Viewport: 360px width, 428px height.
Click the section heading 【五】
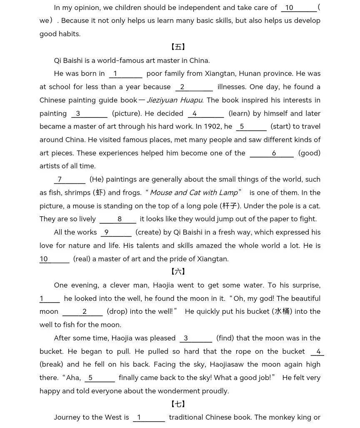[x=178, y=47]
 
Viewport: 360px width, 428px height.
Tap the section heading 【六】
[x=178, y=272]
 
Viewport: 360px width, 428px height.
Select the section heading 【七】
[x=178, y=404]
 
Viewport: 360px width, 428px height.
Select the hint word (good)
[x=309, y=153]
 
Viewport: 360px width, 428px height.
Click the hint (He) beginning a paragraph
[x=97, y=179]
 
